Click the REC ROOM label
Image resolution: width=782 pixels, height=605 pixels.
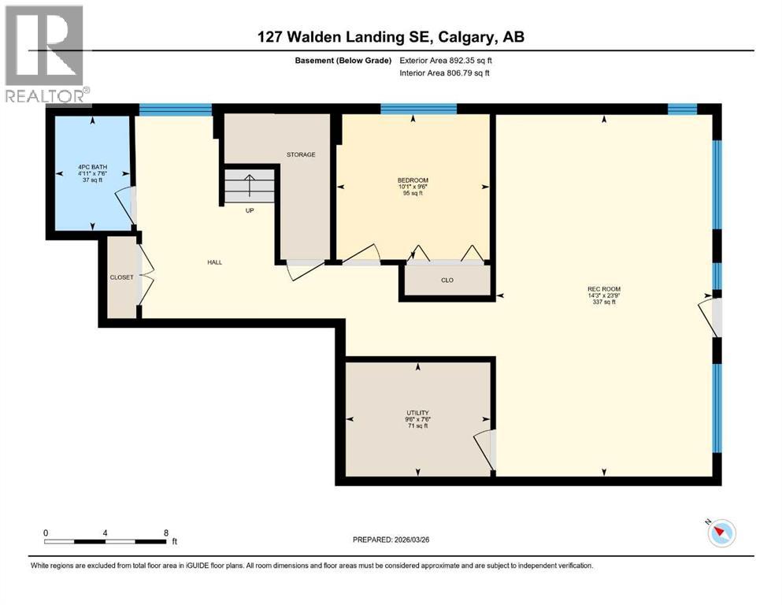(604, 289)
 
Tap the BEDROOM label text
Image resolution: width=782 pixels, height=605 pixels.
(413, 180)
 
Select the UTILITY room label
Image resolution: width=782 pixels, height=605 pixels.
(417, 412)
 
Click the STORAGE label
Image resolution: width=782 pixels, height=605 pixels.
(301, 154)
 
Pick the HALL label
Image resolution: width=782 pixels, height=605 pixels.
(213, 262)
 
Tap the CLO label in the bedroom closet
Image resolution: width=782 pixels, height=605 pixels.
(447, 280)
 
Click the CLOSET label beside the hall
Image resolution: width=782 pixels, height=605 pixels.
(122, 277)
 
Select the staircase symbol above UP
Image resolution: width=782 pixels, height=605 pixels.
(250, 187)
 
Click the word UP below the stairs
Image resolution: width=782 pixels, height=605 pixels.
(250, 210)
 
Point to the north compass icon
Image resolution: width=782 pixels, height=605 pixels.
(721, 533)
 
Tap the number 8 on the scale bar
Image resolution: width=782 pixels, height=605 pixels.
(165, 532)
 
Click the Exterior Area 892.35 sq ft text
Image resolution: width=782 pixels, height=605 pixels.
(450, 60)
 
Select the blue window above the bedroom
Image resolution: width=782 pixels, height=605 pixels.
(418, 109)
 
